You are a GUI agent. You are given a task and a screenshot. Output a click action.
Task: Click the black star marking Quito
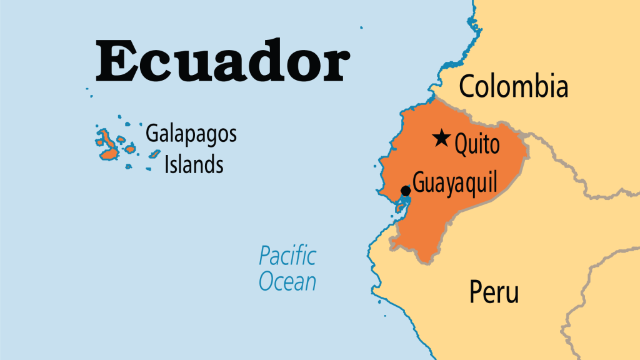(x=442, y=137)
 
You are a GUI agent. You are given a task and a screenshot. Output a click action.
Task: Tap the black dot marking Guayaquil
(x=406, y=190)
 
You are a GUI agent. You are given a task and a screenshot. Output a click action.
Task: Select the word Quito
(x=477, y=144)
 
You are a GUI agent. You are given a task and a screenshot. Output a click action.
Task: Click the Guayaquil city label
(x=455, y=184)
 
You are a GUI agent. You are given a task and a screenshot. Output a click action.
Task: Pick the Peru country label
(x=494, y=292)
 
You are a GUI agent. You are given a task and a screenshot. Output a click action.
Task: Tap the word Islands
(x=193, y=164)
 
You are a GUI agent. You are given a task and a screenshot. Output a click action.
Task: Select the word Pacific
(x=287, y=256)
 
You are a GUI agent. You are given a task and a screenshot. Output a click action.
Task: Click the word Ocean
(x=287, y=281)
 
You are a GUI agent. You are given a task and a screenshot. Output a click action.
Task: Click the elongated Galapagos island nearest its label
(x=130, y=149)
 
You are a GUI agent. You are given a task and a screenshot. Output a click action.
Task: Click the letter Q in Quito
(x=461, y=145)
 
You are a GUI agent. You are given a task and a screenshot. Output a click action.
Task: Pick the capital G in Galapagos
(x=152, y=134)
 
